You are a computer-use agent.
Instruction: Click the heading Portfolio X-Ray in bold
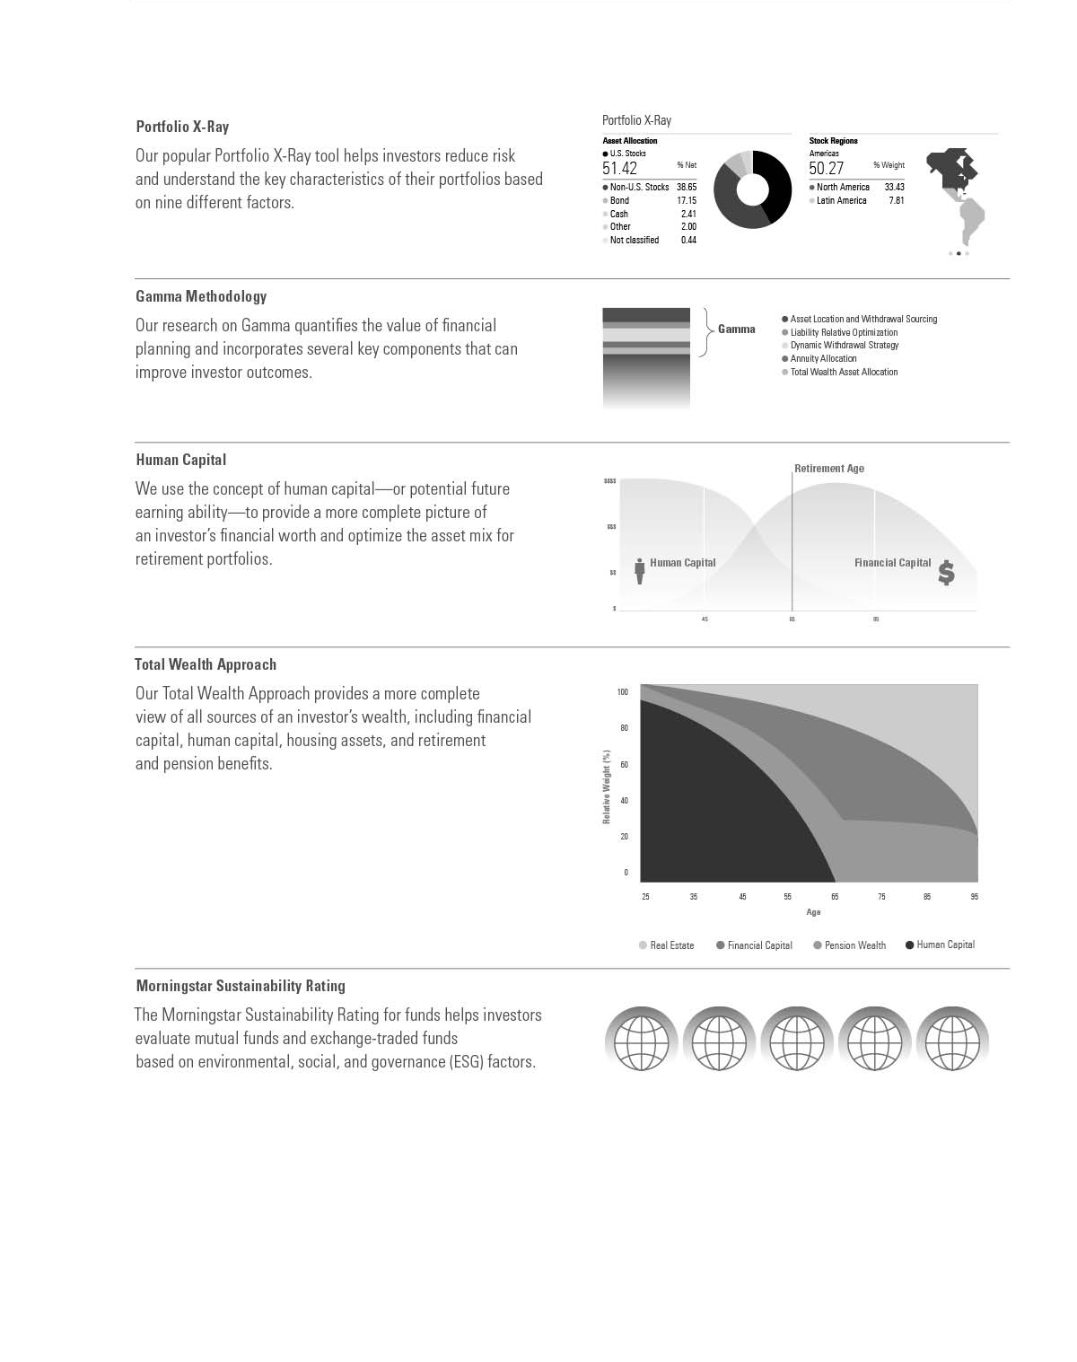pyautogui.click(x=182, y=127)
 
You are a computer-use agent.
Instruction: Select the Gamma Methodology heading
pyautogui.click(x=201, y=296)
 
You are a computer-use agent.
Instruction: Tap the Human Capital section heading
pyautogui.click(x=180, y=460)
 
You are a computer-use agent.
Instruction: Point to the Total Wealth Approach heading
pyautogui.click(x=206, y=664)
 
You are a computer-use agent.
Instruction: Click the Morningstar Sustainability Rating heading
pyautogui.click(x=241, y=986)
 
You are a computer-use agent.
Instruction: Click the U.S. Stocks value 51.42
pyautogui.click(x=620, y=169)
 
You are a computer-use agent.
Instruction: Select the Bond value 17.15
pyautogui.click(x=687, y=200)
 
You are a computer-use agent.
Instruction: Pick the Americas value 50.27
pyautogui.click(x=826, y=169)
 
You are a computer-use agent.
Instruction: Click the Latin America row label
pyautogui.click(x=841, y=200)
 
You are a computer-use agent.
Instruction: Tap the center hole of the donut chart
pyautogui.click(x=752, y=189)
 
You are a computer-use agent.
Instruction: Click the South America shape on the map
pyautogui.click(x=970, y=219)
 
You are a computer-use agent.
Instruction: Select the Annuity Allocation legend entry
pyautogui.click(x=823, y=358)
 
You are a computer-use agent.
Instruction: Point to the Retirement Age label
pyautogui.click(x=829, y=469)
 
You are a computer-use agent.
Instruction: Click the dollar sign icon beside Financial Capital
pyautogui.click(x=946, y=573)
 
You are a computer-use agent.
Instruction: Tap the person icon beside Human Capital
pyautogui.click(x=640, y=571)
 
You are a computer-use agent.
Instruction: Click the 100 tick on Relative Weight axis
pyautogui.click(x=623, y=692)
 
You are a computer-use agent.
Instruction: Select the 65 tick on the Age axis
pyautogui.click(x=835, y=897)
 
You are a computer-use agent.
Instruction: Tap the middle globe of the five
pyautogui.click(x=797, y=1040)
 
